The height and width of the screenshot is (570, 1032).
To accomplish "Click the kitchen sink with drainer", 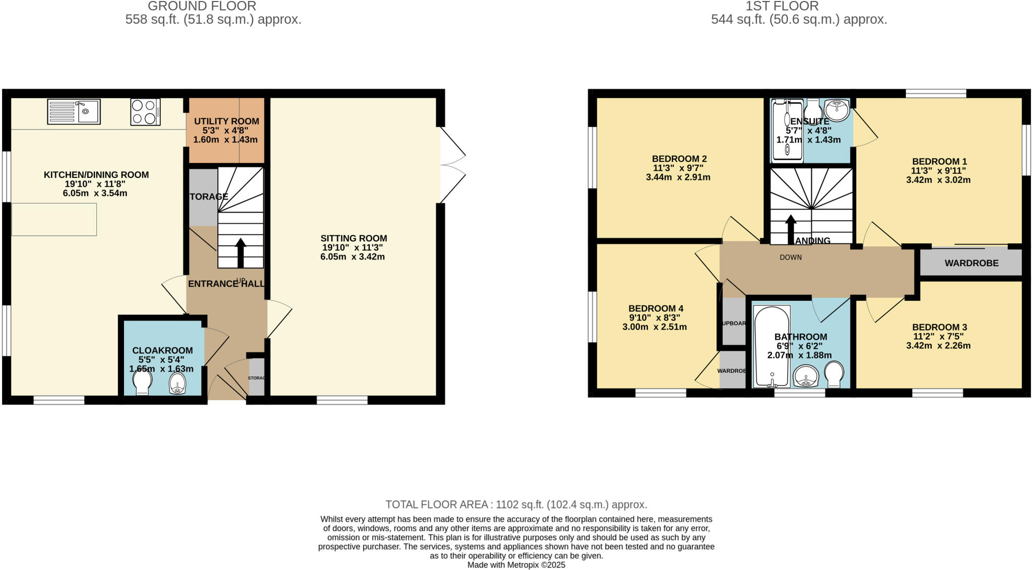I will (x=74, y=111).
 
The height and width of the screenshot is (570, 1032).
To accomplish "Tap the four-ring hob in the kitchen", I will (x=145, y=111).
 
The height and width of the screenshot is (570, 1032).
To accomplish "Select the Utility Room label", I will (x=226, y=121).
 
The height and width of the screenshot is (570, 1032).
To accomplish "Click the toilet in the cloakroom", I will (x=143, y=382).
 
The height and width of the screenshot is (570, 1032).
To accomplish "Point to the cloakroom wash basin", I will (x=177, y=383).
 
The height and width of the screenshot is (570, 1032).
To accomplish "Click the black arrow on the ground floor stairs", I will (x=240, y=252).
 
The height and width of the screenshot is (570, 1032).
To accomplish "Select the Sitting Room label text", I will (x=354, y=238).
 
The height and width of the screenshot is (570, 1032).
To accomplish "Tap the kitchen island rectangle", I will (x=54, y=219).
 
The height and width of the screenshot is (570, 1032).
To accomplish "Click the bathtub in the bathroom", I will (x=771, y=346).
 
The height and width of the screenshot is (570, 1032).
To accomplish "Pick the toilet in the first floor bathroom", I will (x=834, y=374).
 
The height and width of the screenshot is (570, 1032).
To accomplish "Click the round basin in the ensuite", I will (x=837, y=110).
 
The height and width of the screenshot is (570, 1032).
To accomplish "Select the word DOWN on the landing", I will (x=791, y=258).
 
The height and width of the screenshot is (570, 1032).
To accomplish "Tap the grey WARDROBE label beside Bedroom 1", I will (x=971, y=263).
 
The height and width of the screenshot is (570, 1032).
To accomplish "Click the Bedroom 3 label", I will (x=939, y=327).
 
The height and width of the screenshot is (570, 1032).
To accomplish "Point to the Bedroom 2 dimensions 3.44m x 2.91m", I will (x=678, y=177).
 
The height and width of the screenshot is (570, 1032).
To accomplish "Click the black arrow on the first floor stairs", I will (x=791, y=229).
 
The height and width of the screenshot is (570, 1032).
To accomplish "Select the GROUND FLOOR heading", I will (x=202, y=7).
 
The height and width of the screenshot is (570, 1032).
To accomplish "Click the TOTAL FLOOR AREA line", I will (x=516, y=504).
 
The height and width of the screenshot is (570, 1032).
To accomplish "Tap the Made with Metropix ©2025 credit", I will (x=516, y=565).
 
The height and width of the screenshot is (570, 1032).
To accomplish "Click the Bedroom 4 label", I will (x=656, y=308).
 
